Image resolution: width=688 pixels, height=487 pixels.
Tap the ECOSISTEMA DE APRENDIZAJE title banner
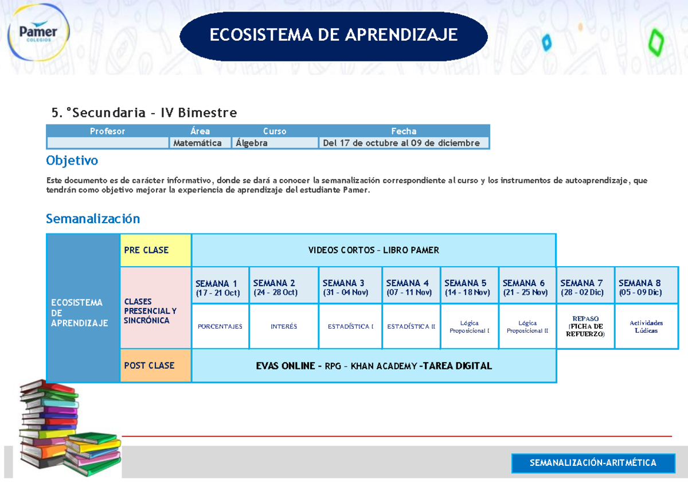[x=333, y=36]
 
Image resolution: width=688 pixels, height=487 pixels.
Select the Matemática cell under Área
[x=200, y=143]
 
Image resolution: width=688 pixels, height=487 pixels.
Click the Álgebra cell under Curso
[x=275, y=143]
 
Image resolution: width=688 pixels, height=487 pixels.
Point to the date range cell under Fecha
[x=404, y=143]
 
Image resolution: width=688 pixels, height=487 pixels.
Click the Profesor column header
[x=107, y=131]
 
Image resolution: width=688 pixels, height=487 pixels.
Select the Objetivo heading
[x=72, y=160]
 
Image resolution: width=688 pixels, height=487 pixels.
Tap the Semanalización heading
[x=93, y=219]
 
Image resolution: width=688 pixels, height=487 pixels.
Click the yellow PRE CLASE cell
[x=155, y=250]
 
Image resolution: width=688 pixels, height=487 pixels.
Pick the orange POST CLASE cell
[x=155, y=365]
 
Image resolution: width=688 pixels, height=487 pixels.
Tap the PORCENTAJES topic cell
[x=220, y=326]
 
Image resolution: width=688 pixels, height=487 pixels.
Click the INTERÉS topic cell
[x=284, y=326]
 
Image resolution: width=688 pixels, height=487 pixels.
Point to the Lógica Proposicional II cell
[x=527, y=327]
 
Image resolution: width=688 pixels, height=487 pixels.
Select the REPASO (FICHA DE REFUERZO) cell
[x=585, y=326]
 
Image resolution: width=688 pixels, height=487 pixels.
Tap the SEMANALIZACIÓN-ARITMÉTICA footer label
[x=593, y=463]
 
